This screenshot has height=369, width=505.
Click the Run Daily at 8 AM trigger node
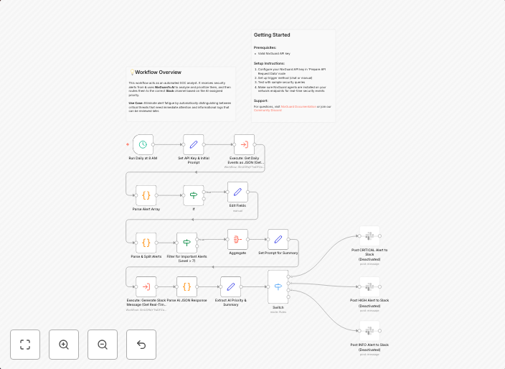click(x=143, y=144)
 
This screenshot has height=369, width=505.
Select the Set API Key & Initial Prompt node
click(x=193, y=144)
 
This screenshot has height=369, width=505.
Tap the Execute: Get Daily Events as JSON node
click(x=244, y=144)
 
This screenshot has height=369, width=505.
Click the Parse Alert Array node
click(x=146, y=195)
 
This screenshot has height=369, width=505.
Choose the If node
click(x=193, y=195)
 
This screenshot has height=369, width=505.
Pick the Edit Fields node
click(x=237, y=192)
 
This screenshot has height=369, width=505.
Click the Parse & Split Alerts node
click(x=146, y=242)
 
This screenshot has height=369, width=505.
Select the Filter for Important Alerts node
click(x=187, y=242)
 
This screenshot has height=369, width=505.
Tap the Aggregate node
click(x=237, y=240)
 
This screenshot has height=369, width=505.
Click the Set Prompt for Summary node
click(x=278, y=240)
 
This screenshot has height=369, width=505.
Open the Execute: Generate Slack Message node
click(x=146, y=286)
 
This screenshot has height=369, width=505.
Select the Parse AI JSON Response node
click(x=187, y=286)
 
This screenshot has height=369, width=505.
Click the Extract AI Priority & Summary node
click(x=230, y=286)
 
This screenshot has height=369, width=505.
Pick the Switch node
click(x=278, y=286)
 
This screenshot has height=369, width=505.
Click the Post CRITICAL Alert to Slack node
click(x=369, y=235)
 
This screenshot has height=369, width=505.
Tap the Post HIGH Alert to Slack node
click(x=369, y=284)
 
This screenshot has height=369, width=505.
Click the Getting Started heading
click(x=272, y=35)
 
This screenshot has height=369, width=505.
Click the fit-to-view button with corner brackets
click(x=25, y=345)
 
